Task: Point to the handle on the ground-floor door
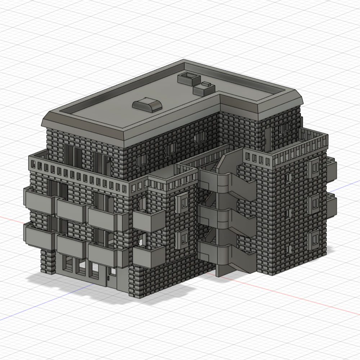(x=108, y=278)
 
